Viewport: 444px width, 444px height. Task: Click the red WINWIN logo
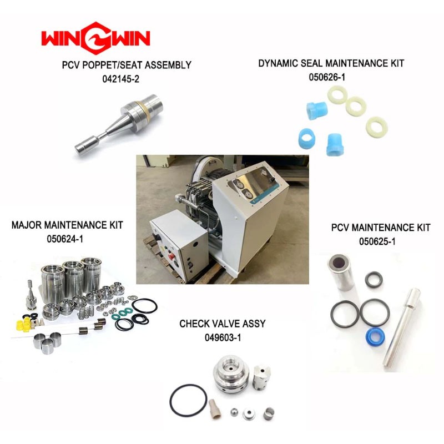95,37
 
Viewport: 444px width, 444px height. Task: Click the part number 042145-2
121,79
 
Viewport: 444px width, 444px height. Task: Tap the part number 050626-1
327,77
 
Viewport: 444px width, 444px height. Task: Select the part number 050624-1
65,239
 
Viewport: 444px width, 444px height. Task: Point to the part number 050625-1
377,241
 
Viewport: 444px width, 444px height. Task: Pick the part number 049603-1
223,337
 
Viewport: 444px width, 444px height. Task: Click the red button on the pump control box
171,256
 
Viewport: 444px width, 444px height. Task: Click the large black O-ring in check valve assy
188,400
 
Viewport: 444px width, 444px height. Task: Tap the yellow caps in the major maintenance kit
23,324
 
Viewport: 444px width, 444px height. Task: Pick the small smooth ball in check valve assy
234,411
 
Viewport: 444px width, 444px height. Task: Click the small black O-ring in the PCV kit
374,280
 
